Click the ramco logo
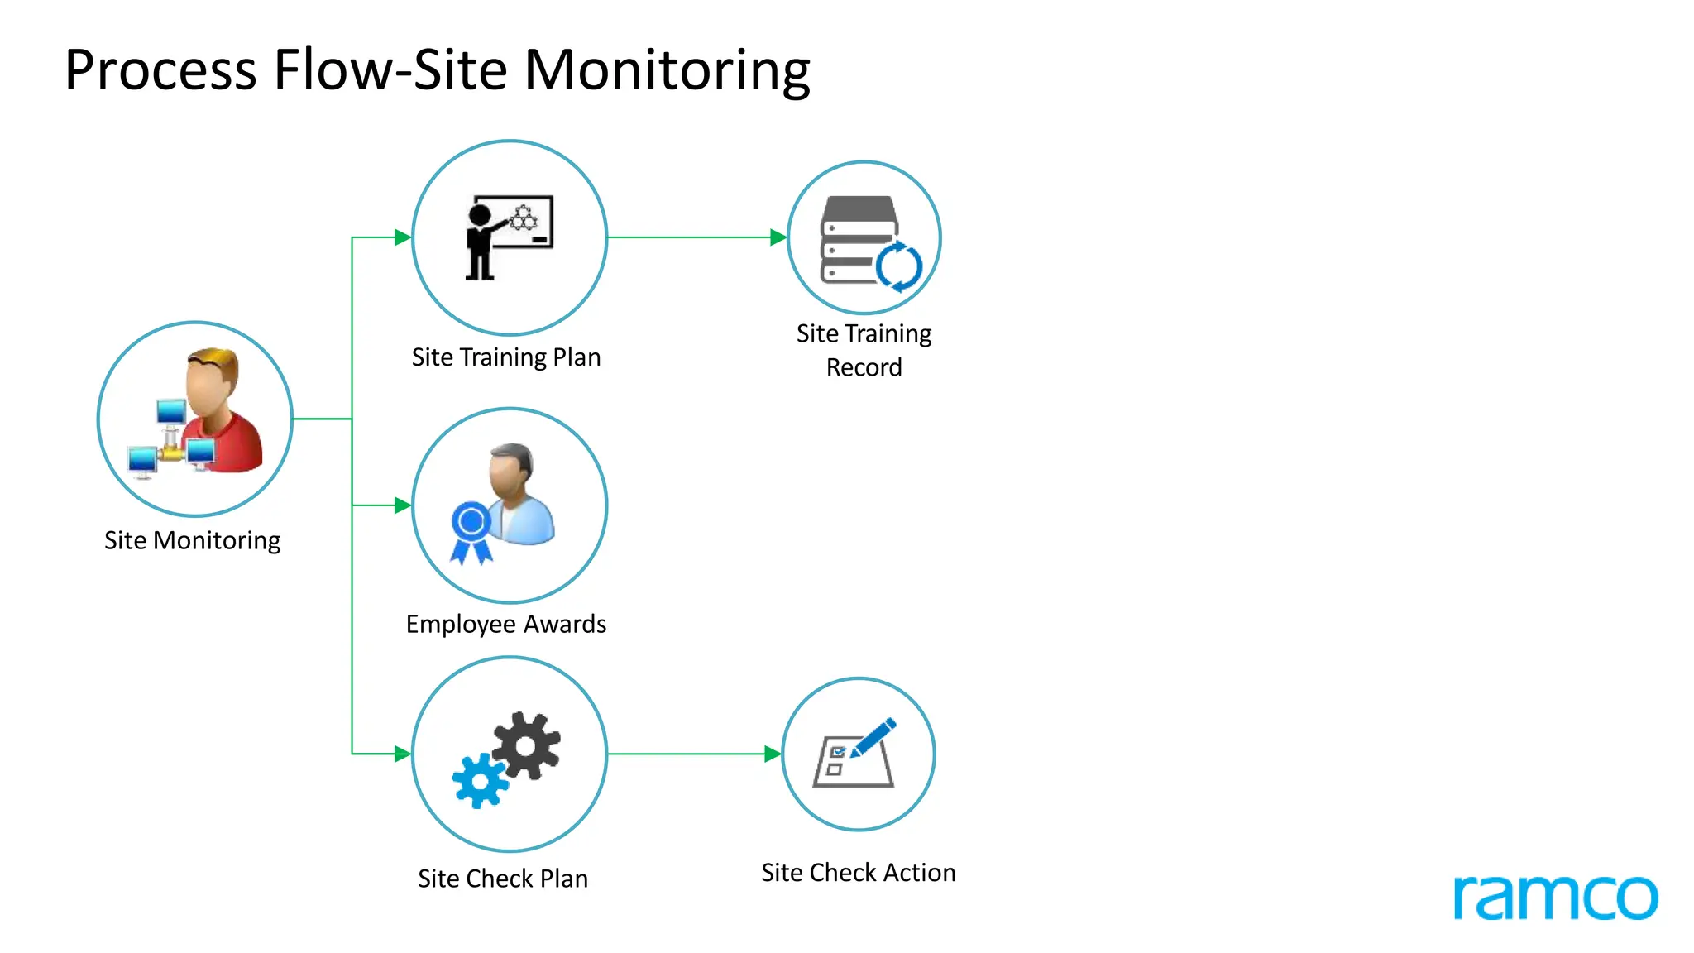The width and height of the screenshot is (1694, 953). pyautogui.click(x=1555, y=897)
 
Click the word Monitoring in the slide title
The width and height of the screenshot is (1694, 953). pyautogui.click(x=667, y=71)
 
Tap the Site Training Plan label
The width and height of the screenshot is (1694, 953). pyautogui.click(x=506, y=357)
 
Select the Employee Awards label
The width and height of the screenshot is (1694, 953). pyautogui.click(x=506, y=624)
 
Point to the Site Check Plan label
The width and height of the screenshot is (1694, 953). pyautogui.click(x=503, y=879)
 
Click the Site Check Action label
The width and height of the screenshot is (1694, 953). pyautogui.click(x=858, y=873)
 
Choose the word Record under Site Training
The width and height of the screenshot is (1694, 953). pyautogui.click(x=864, y=367)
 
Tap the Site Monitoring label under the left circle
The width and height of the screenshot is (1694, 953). pyautogui.click(x=192, y=540)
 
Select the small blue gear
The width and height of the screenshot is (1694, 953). pyautogui.click(x=479, y=780)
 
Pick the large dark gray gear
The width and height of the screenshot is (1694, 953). pyautogui.click(x=527, y=745)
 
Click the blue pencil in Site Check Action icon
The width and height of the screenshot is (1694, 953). pyautogui.click(x=873, y=736)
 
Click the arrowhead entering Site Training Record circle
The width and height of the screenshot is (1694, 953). pyautogui.click(x=778, y=237)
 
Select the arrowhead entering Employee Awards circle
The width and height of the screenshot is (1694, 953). pyautogui.click(x=403, y=505)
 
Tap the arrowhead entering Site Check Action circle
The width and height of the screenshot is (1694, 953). pyautogui.click(x=773, y=754)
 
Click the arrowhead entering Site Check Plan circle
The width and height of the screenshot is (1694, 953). pyautogui.click(x=403, y=754)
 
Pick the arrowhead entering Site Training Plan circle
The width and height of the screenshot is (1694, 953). pyautogui.click(x=403, y=237)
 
